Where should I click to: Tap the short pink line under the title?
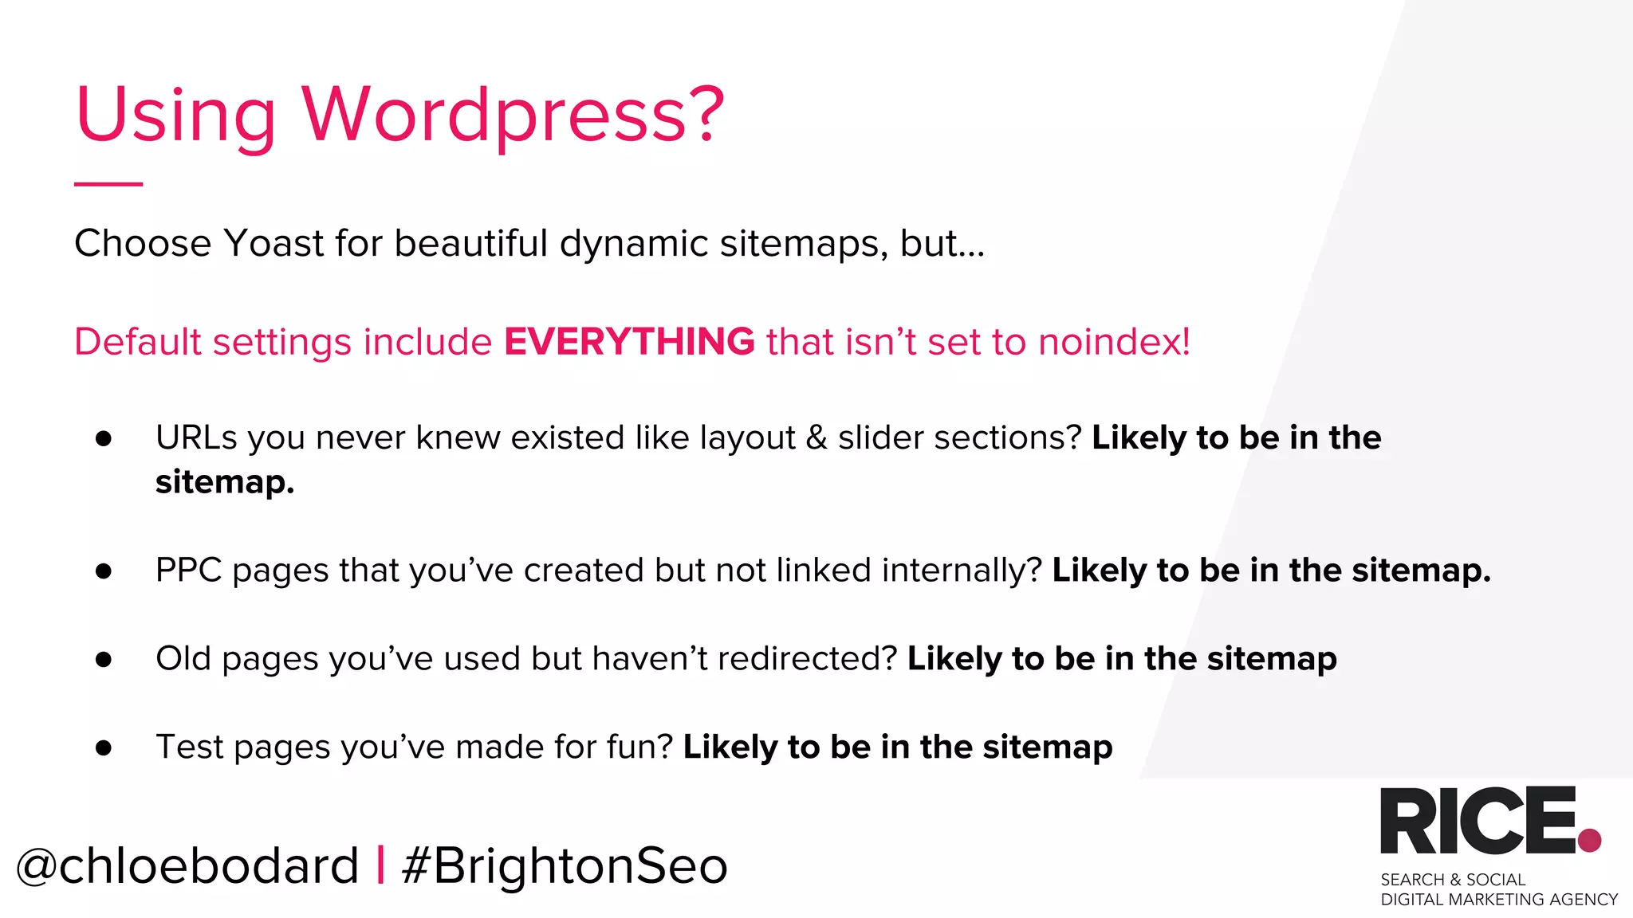pos(108,184)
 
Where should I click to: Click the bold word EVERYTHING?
pos(629,342)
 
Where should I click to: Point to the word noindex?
pos(1114,342)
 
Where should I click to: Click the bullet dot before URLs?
pos(104,438)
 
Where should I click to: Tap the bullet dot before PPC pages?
pos(104,571)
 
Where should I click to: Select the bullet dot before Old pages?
pos(104,659)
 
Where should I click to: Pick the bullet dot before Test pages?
pos(104,747)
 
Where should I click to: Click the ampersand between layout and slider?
pos(816,438)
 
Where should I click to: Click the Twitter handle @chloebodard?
pos(187,866)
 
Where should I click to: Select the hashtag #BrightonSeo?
pos(565,866)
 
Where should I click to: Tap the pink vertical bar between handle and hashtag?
pos(380,865)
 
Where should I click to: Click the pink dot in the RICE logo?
pos(1589,840)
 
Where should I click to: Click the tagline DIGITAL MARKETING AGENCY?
pos(1499,900)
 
